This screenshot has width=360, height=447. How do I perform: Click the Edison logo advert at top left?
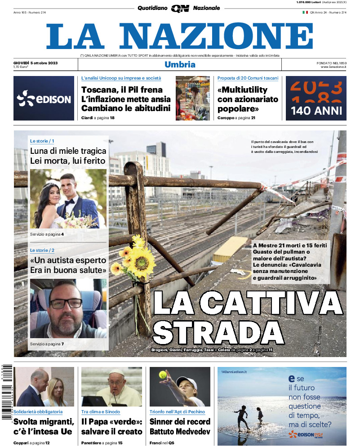click(44, 98)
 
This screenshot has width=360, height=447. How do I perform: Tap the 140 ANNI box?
click(316, 98)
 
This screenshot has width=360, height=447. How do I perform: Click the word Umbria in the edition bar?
click(180, 64)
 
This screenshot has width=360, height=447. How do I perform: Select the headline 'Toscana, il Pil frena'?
click(122, 89)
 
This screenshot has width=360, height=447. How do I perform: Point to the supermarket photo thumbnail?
click(192, 98)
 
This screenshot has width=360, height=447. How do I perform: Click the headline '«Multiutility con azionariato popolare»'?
click(248, 99)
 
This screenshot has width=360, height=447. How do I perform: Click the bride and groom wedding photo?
click(68, 199)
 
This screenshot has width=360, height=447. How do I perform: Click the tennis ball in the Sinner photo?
click(162, 374)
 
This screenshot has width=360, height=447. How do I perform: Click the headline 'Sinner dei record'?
click(180, 421)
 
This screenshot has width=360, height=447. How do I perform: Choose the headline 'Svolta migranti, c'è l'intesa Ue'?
click(44, 426)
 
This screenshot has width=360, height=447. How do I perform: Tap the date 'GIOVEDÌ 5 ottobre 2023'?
click(36, 62)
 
